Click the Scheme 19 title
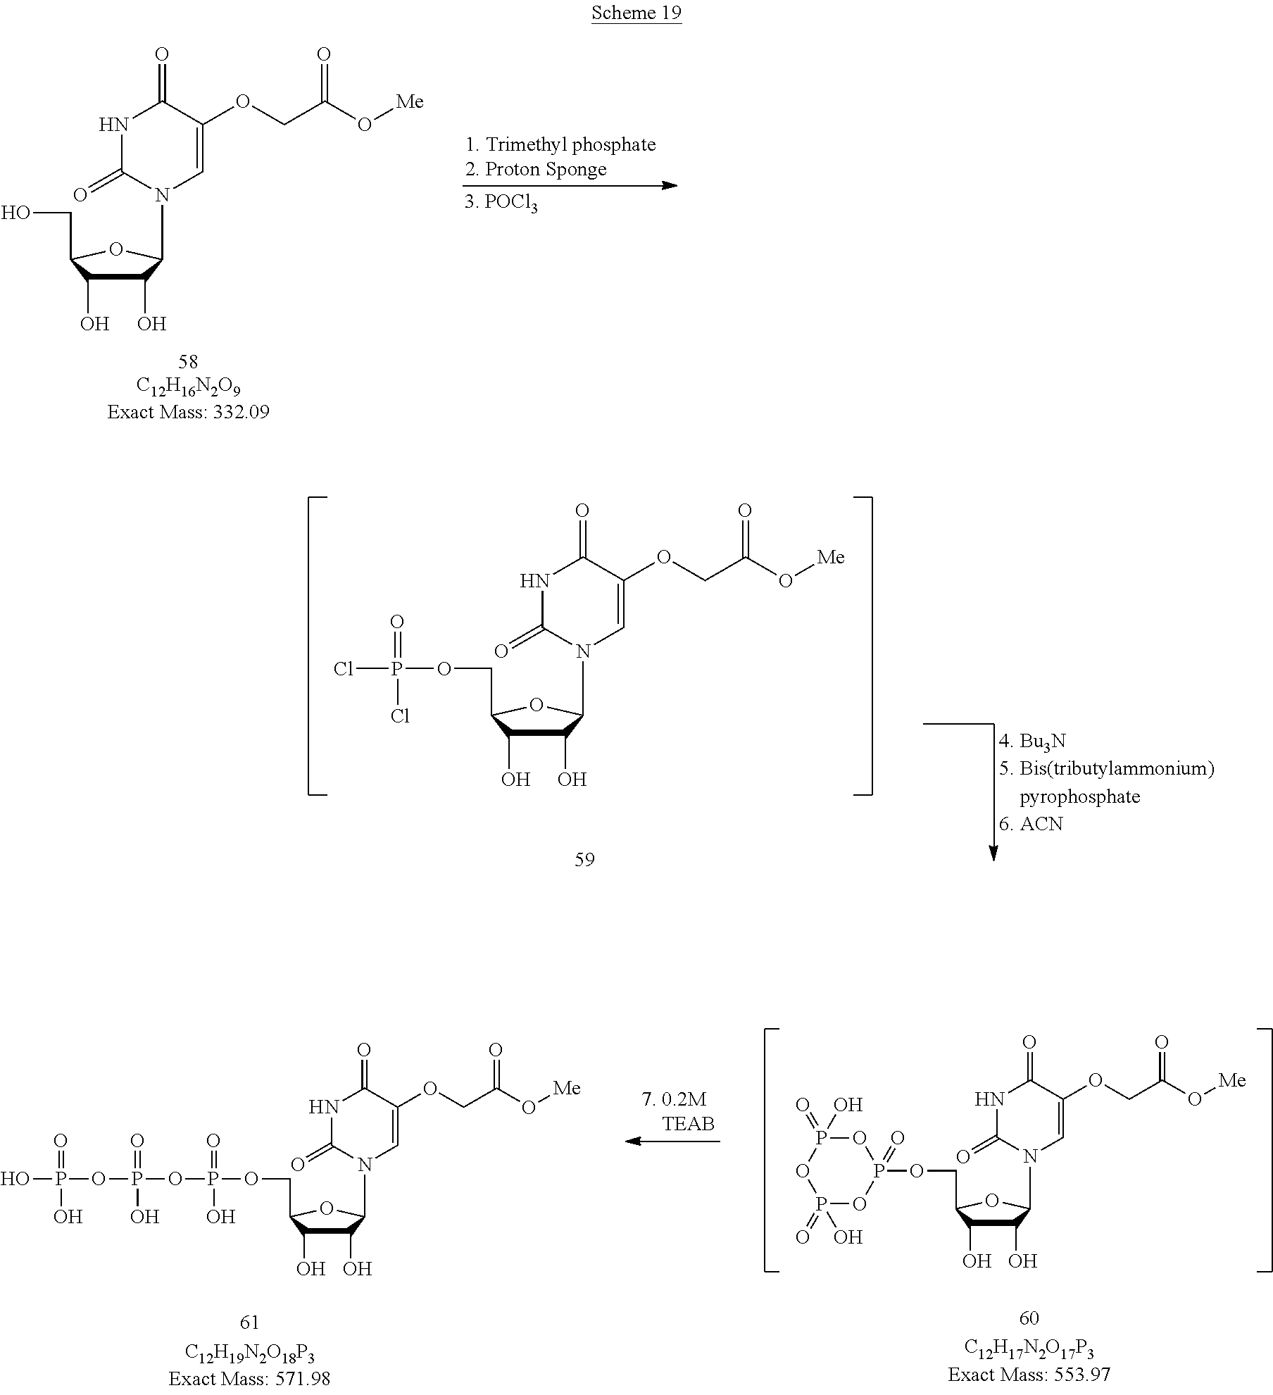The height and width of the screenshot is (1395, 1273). [x=636, y=13]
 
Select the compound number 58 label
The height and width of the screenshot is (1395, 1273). [x=188, y=362]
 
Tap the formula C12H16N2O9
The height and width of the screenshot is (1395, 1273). [x=188, y=387]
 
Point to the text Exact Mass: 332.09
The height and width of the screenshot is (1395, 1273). [x=188, y=412]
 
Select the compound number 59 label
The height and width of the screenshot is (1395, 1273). [x=584, y=859]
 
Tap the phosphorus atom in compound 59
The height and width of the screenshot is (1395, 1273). [x=396, y=669]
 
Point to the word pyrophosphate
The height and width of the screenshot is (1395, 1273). [x=1079, y=797]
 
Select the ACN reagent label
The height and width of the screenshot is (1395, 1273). [x=1041, y=824]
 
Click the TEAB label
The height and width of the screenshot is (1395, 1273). [x=688, y=1123]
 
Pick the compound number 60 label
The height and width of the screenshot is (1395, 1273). [x=1029, y=1318]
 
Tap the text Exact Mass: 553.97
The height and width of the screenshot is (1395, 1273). [x=1029, y=1374]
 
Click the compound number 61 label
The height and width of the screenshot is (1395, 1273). [x=249, y=1322]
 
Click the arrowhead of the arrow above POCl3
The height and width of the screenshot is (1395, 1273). [x=669, y=186]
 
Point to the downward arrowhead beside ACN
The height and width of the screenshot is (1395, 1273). [x=993, y=852]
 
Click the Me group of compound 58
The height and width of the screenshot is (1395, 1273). [x=410, y=102]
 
